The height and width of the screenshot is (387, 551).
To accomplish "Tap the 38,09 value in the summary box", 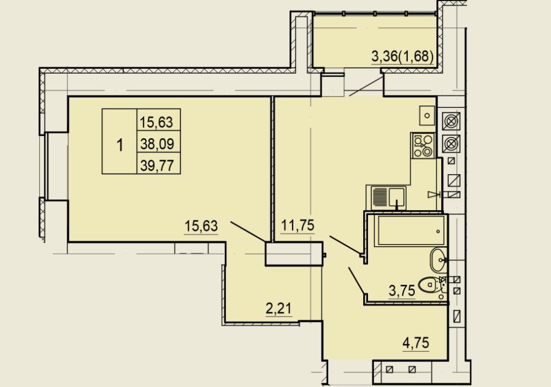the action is (157, 144).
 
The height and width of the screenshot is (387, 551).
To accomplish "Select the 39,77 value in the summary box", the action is (157, 165).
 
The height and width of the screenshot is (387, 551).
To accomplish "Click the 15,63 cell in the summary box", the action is (157, 122).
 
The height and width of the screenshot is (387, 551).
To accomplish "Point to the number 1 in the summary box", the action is (120, 145).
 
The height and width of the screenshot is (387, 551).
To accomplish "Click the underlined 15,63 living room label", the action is (201, 226).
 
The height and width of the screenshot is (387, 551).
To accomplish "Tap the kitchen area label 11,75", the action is (298, 225).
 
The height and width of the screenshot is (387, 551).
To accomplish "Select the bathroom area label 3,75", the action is (402, 291).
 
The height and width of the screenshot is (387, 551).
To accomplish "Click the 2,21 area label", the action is (279, 309).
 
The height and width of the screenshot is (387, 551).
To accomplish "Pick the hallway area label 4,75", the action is (416, 343).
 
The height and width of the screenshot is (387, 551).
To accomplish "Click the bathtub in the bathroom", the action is (411, 231).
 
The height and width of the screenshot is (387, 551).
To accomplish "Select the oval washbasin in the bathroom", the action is (438, 260).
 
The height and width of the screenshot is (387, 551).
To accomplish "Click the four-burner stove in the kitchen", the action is (423, 145).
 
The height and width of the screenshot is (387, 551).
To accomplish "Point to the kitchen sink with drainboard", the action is (386, 197).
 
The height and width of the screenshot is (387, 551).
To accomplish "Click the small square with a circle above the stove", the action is (427, 116).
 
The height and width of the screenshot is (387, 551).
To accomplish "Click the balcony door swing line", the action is (366, 87).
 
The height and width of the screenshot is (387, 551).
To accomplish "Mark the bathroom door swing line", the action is (356, 280).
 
